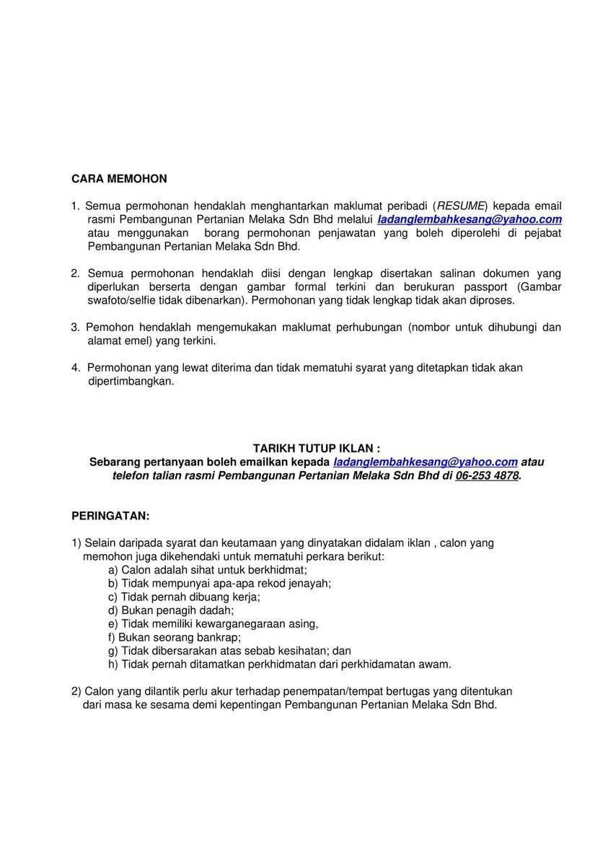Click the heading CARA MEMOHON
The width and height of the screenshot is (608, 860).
[119, 178]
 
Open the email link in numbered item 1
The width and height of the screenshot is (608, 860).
[470, 219]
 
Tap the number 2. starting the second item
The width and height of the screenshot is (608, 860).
[76, 273]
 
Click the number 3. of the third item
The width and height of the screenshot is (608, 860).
[76, 327]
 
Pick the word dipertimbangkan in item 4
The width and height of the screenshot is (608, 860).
[131, 381]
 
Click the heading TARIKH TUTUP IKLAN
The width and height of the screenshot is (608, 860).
[316, 448]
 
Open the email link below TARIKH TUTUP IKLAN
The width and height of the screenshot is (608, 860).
[426, 462]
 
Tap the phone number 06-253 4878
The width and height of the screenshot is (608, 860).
[487, 475]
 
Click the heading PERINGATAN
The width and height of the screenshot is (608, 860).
[110, 516]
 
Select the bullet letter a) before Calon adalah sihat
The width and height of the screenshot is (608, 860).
[113, 569]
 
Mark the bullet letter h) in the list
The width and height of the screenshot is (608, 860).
[113, 664]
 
